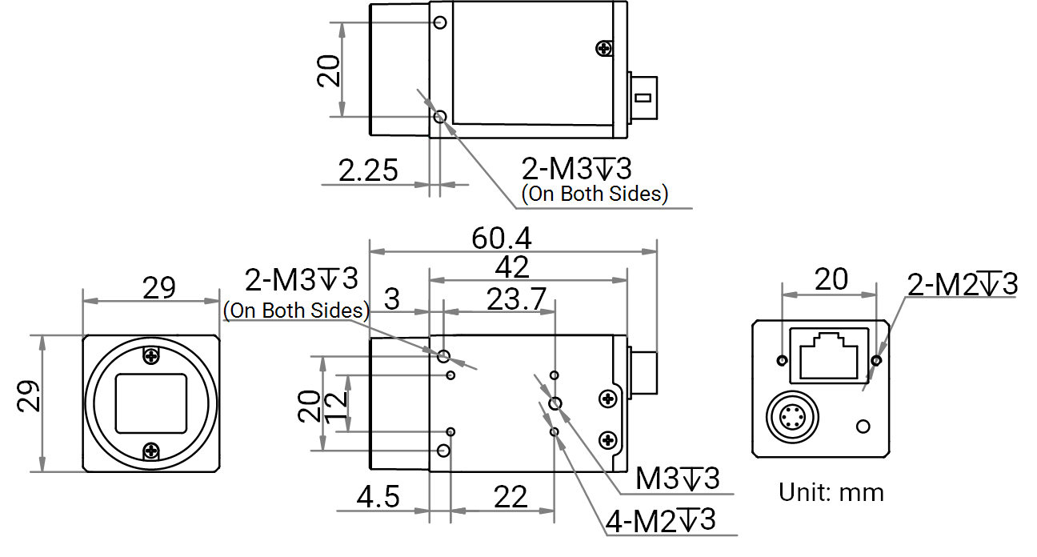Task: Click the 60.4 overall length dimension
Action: [x=502, y=238]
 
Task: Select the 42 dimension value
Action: [x=513, y=267]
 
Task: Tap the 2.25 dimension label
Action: [x=368, y=170]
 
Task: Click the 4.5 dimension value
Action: [x=378, y=497]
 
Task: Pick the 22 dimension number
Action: [x=510, y=497]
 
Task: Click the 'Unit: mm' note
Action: [x=831, y=491]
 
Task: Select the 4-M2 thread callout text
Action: [x=661, y=521]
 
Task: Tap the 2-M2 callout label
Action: [x=962, y=283]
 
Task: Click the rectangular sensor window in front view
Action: [x=151, y=403]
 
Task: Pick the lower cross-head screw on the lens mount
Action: [x=151, y=452]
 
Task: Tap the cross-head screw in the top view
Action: [x=604, y=49]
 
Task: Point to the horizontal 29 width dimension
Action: [x=158, y=287]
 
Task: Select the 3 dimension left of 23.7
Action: [x=392, y=299]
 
